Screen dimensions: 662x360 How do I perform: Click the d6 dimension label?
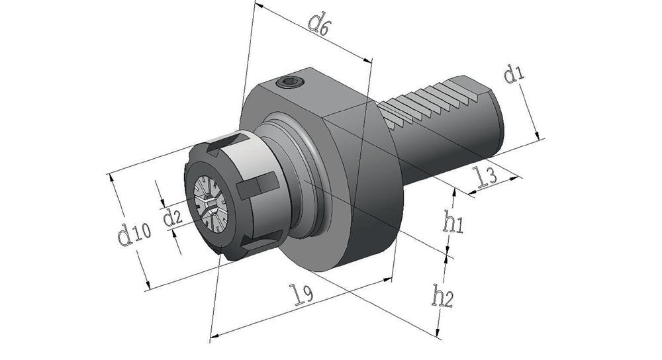click(x=318, y=24)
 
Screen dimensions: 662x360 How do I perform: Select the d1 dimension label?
click(x=514, y=74)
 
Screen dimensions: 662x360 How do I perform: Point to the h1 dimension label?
click(x=453, y=222)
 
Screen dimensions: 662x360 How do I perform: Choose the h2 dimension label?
click(x=442, y=296)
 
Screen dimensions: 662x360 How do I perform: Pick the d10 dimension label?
click(x=134, y=235)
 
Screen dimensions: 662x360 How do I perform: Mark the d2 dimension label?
click(x=172, y=218)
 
